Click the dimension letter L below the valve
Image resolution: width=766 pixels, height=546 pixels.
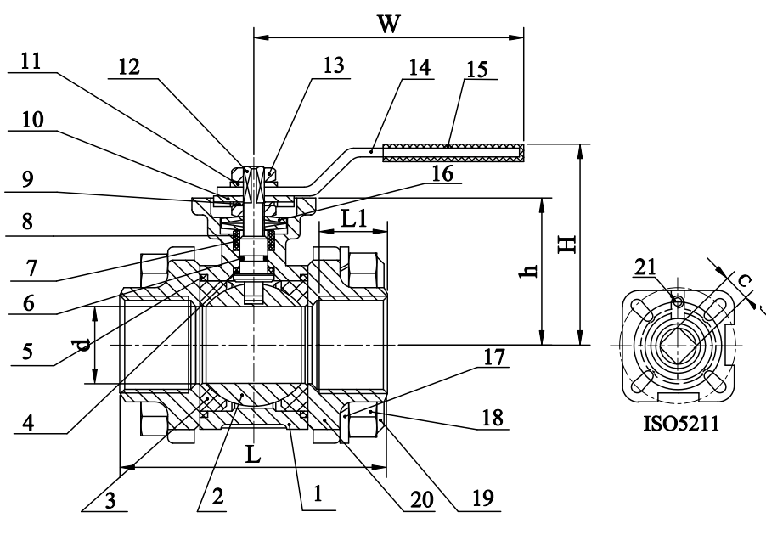253,453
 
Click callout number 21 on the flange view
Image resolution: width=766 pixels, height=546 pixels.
645,268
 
